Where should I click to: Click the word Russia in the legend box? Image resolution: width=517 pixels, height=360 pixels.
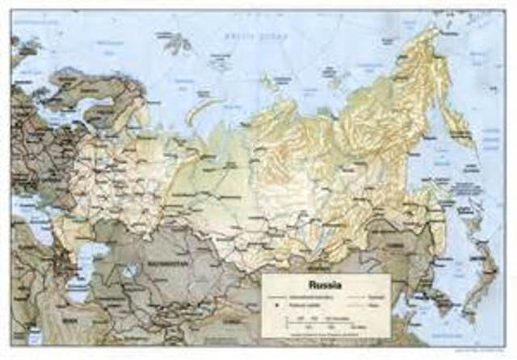325,285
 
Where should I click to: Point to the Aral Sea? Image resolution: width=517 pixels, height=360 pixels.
129,272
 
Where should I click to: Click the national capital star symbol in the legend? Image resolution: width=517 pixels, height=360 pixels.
277,308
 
